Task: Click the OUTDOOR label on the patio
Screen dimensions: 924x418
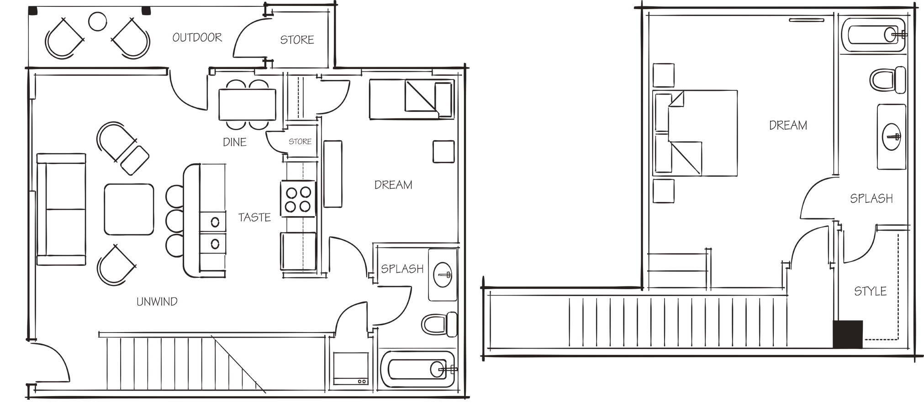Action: click(197, 37)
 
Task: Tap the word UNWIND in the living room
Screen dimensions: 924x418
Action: click(157, 302)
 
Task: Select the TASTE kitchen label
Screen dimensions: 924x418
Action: click(254, 217)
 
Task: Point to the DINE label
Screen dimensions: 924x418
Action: click(234, 143)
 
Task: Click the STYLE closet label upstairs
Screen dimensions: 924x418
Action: click(870, 291)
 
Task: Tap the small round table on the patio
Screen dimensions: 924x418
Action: click(97, 21)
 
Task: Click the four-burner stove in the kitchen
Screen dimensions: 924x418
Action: click(298, 199)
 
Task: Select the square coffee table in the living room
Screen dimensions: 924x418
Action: click(129, 209)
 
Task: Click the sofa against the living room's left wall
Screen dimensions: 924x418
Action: click(61, 209)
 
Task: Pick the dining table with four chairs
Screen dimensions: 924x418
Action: click(247, 105)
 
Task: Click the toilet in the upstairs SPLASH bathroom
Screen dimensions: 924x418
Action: click(887, 80)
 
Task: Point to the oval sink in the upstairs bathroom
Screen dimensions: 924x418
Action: click(891, 137)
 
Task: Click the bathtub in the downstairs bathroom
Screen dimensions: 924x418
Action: click(417, 369)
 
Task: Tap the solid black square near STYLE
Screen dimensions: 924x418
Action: click(848, 334)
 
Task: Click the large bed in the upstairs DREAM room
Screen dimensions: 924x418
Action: click(695, 133)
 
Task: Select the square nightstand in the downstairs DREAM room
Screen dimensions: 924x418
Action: click(444, 152)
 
